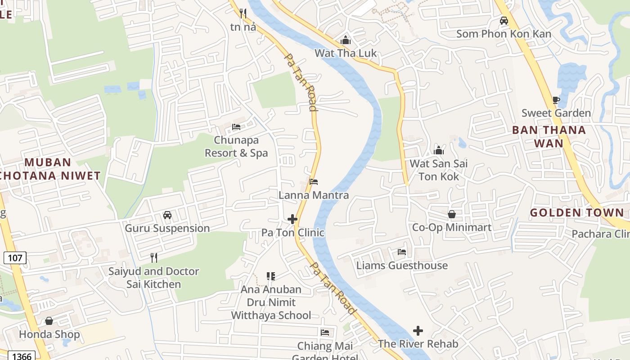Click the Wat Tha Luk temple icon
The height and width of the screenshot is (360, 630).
[346, 40]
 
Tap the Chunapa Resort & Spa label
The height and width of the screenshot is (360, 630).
[236, 147]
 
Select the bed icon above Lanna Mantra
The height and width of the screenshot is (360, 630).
[314, 182]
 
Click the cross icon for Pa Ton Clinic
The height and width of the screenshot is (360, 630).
[292, 219]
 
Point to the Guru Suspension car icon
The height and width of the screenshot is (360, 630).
[167, 215]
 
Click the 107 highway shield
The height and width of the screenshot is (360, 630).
[15, 258]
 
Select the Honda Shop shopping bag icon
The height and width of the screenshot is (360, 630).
[49, 321]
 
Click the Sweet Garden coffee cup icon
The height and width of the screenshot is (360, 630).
[556, 100]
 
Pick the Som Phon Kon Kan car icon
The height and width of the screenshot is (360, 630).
[504, 21]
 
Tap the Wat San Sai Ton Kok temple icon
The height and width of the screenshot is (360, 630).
[439, 150]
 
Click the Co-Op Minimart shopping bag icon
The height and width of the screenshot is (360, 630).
[452, 214]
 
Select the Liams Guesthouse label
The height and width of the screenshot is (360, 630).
[402, 265]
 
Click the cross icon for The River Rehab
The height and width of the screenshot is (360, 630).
[418, 331]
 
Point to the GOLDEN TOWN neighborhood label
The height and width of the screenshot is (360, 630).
[577, 212]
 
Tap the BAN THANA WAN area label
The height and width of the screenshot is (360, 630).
[549, 137]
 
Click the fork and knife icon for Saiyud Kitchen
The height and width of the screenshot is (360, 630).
[154, 257]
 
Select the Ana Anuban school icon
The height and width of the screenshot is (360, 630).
[270, 276]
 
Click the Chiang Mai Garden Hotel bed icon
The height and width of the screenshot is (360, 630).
[325, 333]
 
